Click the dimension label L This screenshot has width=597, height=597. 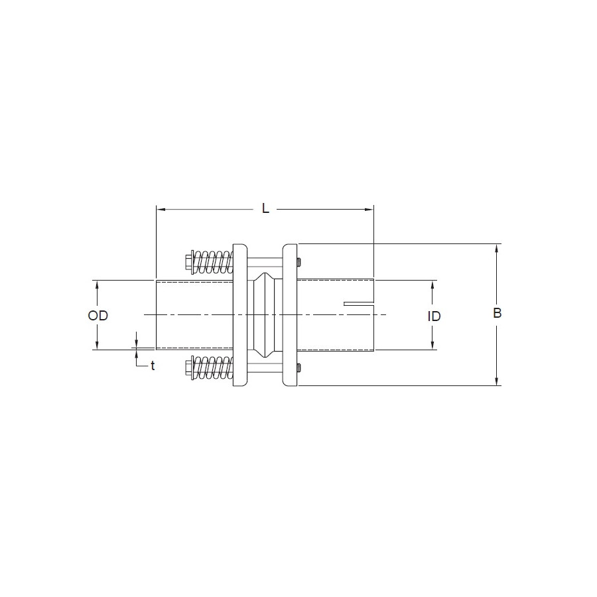click(265, 208)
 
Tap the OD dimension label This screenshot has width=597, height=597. click(98, 315)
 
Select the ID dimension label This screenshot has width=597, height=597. click(434, 316)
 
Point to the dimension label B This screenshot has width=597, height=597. click(497, 313)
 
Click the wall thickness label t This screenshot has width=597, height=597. click(153, 366)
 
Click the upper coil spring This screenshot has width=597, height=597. click(213, 261)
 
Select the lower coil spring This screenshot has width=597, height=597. click(213, 367)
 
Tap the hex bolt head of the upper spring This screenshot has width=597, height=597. click(188, 262)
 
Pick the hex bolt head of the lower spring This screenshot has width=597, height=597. click(188, 367)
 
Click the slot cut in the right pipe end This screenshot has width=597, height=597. click(359, 304)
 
